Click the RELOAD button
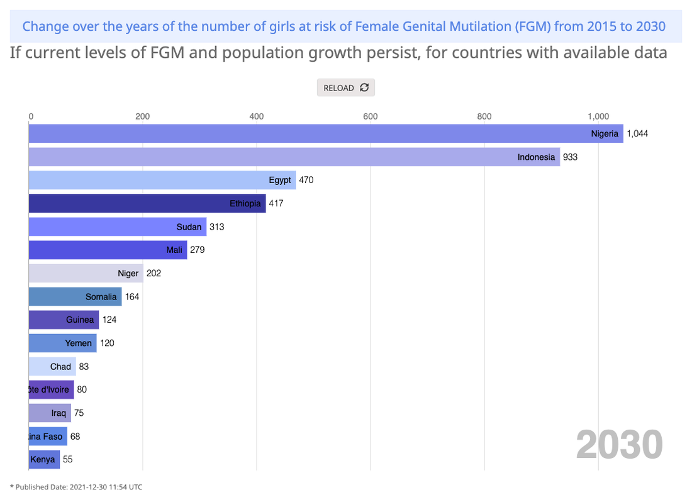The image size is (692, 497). coord(345,88)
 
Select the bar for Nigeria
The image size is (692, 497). coord(326,133)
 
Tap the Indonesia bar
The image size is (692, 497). coord(294,157)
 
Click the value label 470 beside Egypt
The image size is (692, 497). coord(306,180)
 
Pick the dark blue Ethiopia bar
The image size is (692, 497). coord(147,203)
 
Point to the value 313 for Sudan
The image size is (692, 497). coord(216,226)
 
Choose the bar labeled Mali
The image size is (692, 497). coord(108,250)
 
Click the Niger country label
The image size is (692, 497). coord(128,273)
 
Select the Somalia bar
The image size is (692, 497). coord(75,296)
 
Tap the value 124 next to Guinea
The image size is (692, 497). coord(109,320)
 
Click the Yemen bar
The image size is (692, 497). coord(62,343)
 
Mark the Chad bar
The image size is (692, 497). coord(52,366)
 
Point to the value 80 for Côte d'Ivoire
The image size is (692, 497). coord(82,389)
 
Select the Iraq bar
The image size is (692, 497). coord(50,413)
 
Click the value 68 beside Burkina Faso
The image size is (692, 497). coord(75,436)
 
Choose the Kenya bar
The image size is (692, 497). coord(44,459)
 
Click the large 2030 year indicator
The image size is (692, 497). coord(619,444)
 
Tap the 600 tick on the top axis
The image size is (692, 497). coord(370,116)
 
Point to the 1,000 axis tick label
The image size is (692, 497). coord(598,116)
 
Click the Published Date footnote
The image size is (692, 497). coord(76,486)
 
